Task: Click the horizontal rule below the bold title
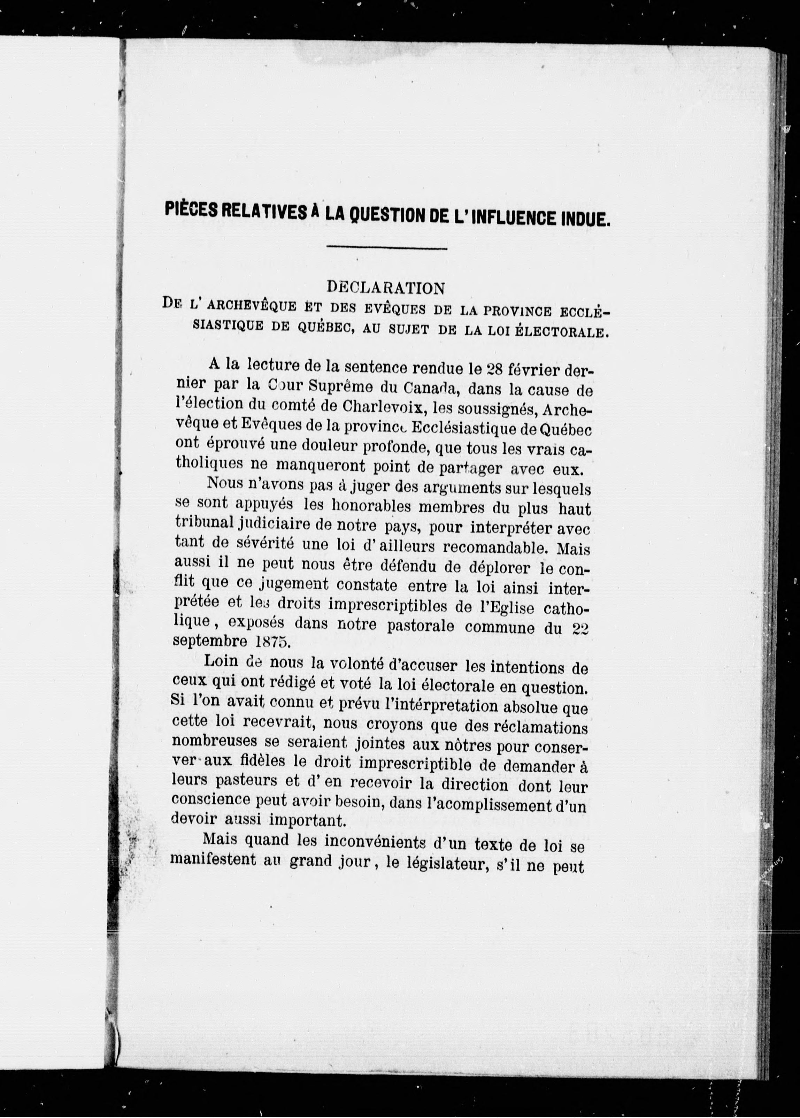point(387,248)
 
